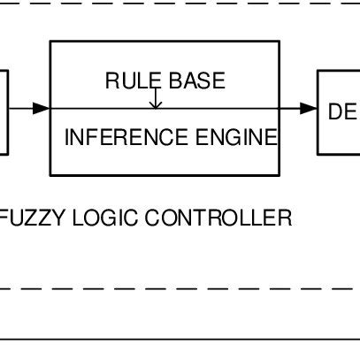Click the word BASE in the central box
pos(196,81)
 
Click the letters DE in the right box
pos(341,112)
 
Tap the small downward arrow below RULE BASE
pos(156,103)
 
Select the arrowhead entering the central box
pos(42,108)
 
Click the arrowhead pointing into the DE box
pos(309,108)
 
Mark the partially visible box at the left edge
pos(4,112)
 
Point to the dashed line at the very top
pos(177,3)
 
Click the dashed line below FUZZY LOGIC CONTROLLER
pos(177,288)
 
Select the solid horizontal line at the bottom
pos(177,339)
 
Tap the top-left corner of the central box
pos(51,42)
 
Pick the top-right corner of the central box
pos(280,42)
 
